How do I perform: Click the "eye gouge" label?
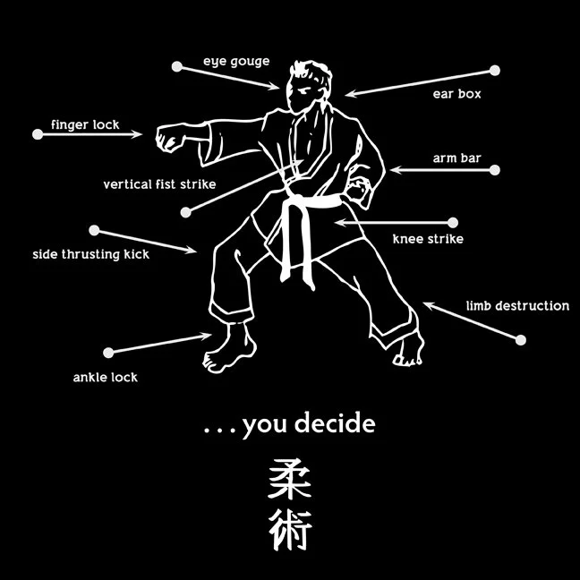pos(235,62)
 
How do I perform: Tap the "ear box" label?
pos(456,94)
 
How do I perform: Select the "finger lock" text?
pos(85,124)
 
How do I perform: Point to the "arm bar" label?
pos(456,158)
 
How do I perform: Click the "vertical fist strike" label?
pos(159,184)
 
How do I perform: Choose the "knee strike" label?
pos(428,239)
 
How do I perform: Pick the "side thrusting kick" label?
pos(90,254)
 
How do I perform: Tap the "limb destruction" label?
pos(517,306)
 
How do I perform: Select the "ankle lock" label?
pos(105,377)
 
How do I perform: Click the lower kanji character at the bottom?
pos(290,531)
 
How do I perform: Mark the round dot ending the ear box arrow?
pos(495,70)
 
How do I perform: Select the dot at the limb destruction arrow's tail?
pos(521,339)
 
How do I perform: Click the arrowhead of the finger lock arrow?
pos(139,134)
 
